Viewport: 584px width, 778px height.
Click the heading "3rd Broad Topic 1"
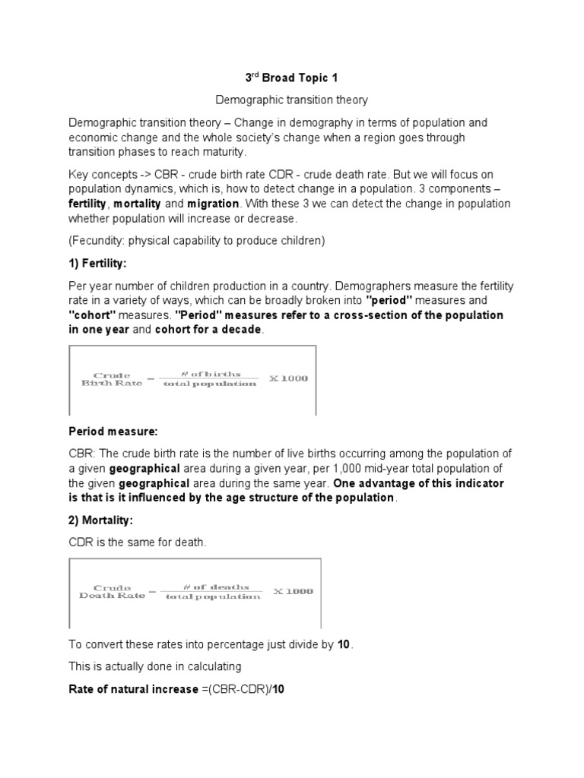(x=291, y=77)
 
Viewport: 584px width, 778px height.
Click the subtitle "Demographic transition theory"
(x=291, y=100)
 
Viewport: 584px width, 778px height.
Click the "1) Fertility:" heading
(x=100, y=263)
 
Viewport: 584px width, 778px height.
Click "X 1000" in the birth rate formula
(x=289, y=378)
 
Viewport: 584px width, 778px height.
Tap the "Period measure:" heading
(x=113, y=432)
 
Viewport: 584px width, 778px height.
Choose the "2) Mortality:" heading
(x=103, y=520)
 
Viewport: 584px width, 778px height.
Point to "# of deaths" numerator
(x=215, y=587)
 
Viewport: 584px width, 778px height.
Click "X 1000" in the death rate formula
(x=294, y=591)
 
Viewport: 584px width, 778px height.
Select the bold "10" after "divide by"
(x=344, y=645)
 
